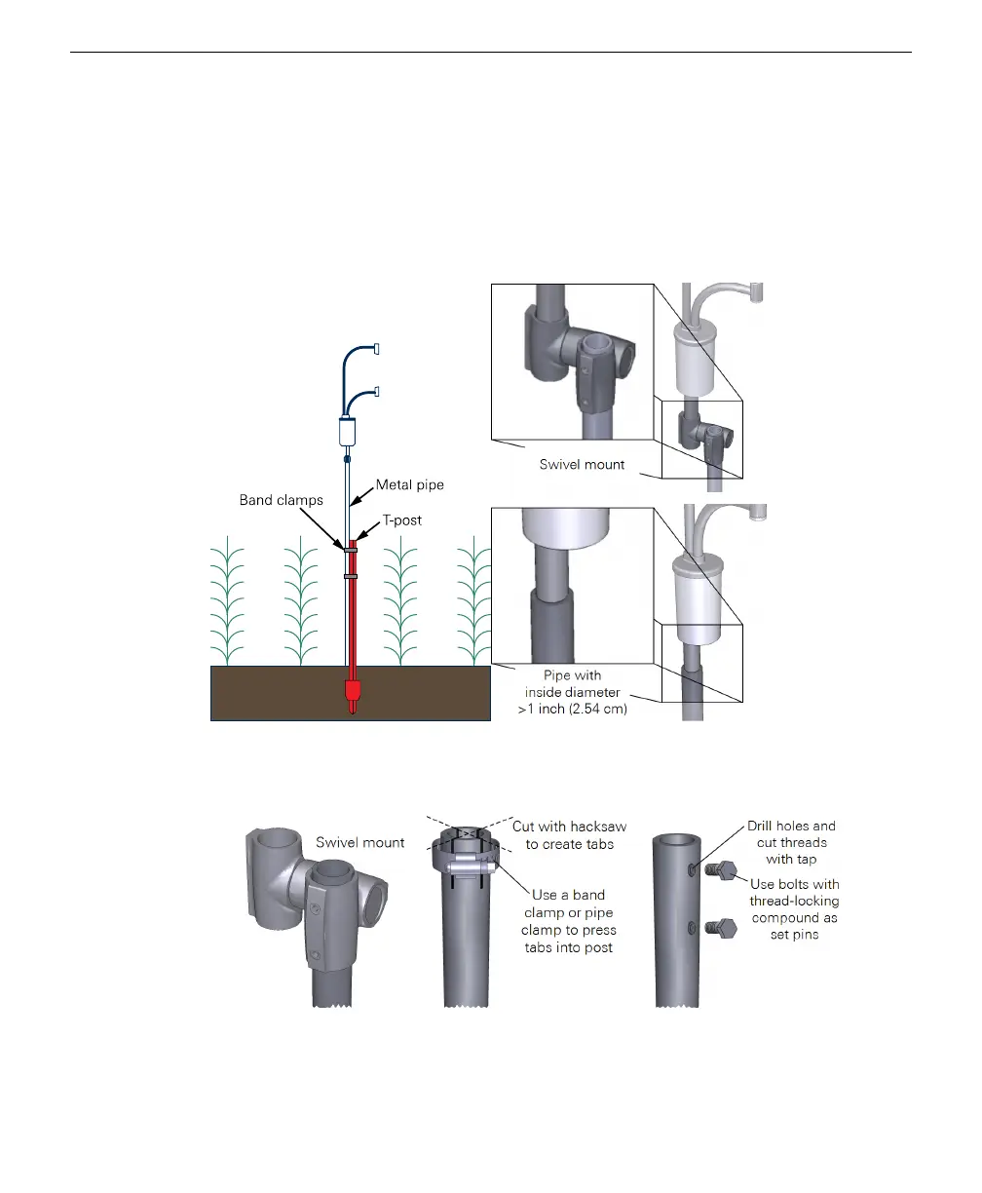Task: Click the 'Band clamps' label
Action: (x=281, y=500)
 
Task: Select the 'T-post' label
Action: (x=401, y=520)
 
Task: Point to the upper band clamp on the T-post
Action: (x=350, y=550)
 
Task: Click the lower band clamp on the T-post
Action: (x=350, y=576)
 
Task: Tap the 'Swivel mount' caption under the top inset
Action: (x=582, y=465)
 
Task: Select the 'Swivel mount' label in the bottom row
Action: (x=360, y=842)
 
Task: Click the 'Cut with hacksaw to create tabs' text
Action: (x=570, y=835)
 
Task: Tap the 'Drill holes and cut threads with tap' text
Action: (x=791, y=842)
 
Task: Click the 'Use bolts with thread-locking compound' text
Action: (x=794, y=909)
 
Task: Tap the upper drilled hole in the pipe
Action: (x=692, y=866)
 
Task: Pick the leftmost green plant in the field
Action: (x=230, y=600)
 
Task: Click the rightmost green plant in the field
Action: (x=474, y=600)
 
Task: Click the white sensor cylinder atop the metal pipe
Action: (x=348, y=430)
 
